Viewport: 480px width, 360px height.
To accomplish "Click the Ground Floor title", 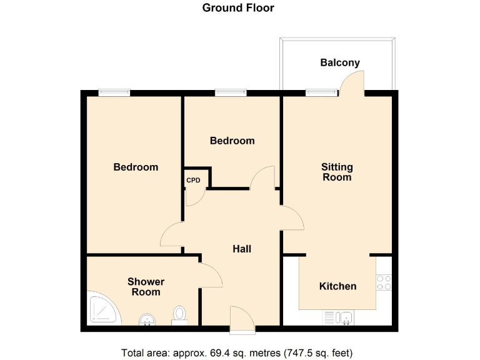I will tap(238, 8).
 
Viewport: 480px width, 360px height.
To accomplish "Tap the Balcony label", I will tap(339, 62).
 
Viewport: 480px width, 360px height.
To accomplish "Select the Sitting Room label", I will tap(337, 172).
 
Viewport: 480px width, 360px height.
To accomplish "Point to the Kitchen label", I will tap(337, 286).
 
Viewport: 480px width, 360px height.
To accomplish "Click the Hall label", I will tap(242, 249).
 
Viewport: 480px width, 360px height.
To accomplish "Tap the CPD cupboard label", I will tap(193, 181).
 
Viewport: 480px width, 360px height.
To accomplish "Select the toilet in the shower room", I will tap(180, 314).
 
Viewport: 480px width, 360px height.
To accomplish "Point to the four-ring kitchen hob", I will tap(384, 282).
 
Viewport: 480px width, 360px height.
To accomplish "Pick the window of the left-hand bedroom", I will tap(114, 93).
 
